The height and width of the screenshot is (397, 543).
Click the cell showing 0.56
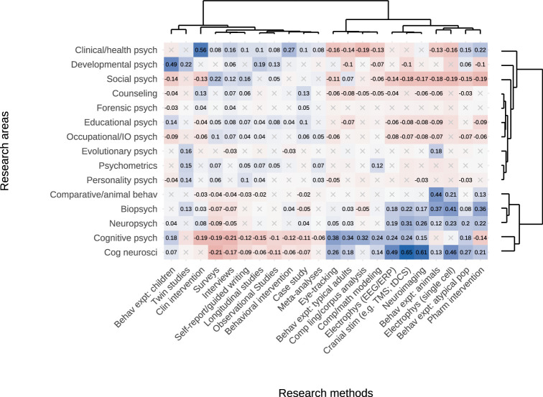200,50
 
